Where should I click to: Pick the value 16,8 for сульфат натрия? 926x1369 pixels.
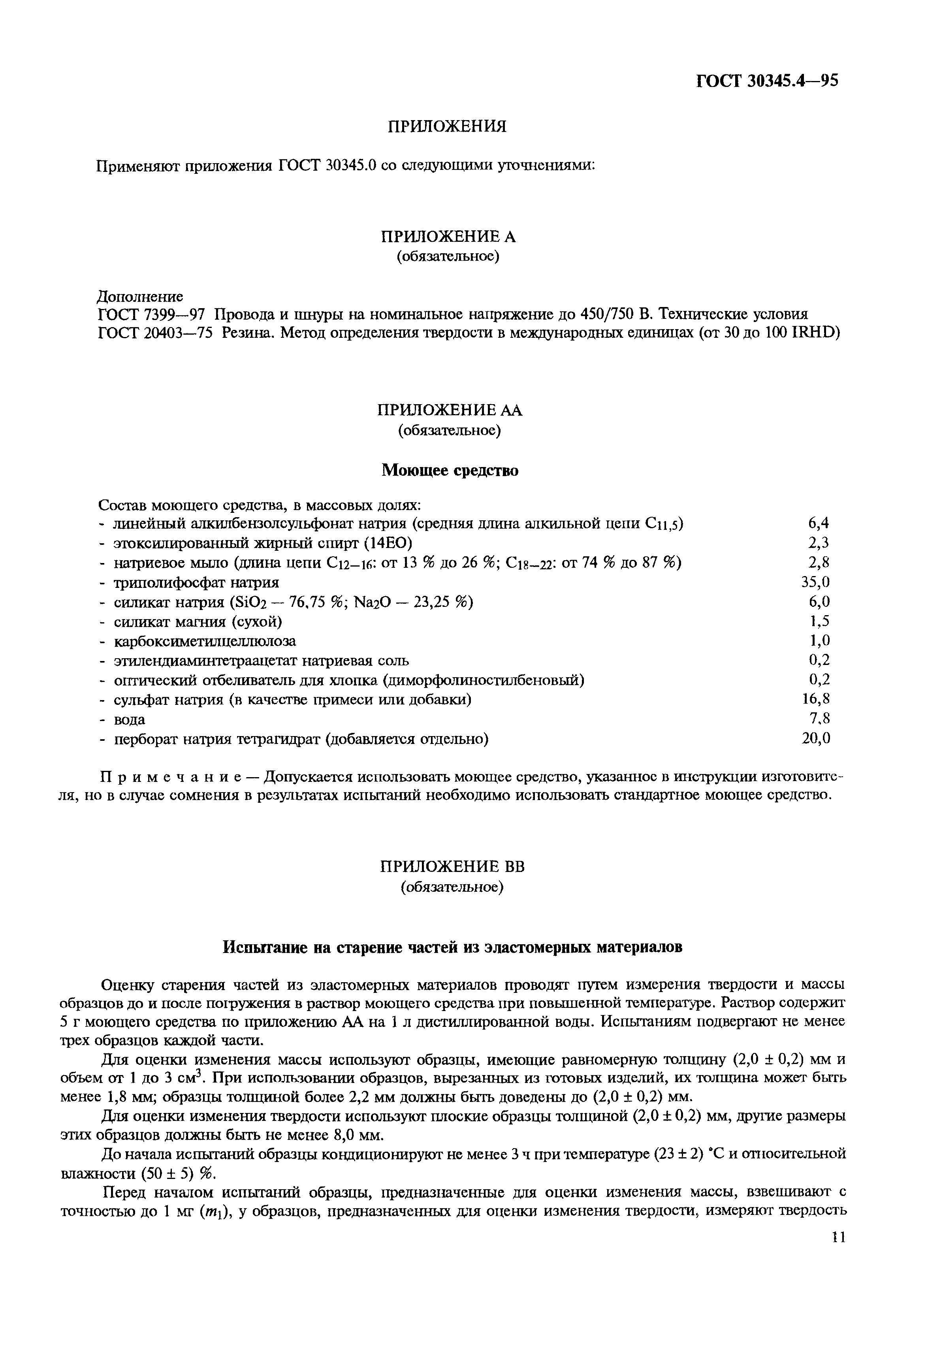[815, 699]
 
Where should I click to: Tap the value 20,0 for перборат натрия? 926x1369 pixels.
[815, 738]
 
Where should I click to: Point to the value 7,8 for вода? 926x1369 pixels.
[819, 719]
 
